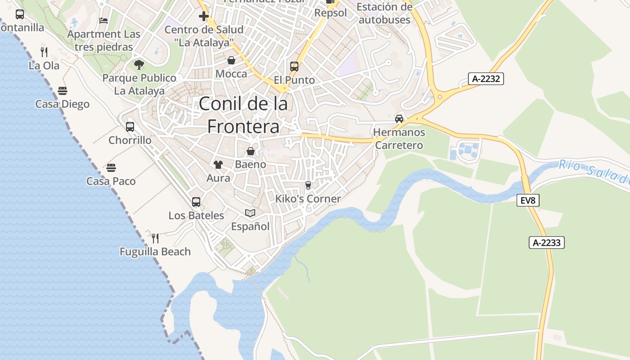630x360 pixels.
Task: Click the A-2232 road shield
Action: pyautogui.click(x=486, y=79)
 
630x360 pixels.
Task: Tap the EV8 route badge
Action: pyautogui.click(x=527, y=200)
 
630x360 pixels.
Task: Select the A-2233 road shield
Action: pyautogui.click(x=546, y=243)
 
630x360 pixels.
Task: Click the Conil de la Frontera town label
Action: pyautogui.click(x=243, y=115)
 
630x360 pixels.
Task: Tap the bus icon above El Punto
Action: pyautogui.click(x=294, y=67)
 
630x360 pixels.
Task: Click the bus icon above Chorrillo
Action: pyautogui.click(x=130, y=127)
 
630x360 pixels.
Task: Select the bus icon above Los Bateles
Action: pyautogui.click(x=196, y=202)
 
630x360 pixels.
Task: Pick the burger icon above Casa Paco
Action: pyautogui.click(x=111, y=168)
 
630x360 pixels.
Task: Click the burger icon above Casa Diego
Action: pyautogui.click(x=63, y=91)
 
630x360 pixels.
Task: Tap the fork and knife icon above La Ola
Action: pyautogui.click(x=44, y=52)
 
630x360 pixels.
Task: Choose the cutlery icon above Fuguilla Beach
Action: pyautogui.click(x=155, y=238)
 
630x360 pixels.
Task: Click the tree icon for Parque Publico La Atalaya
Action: pyautogui.click(x=139, y=65)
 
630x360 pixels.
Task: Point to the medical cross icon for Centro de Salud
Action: pyautogui.click(x=204, y=17)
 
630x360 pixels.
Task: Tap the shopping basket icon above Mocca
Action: pyautogui.click(x=231, y=60)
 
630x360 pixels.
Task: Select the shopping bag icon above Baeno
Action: pyautogui.click(x=251, y=151)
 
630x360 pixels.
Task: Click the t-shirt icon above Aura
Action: pyautogui.click(x=218, y=165)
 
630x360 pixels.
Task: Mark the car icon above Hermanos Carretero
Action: pyautogui.click(x=399, y=119)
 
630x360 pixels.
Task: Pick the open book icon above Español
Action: pyautogui.click(x=250, y=213)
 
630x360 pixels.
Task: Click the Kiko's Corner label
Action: pyautogui.click(x=308, y=198)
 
